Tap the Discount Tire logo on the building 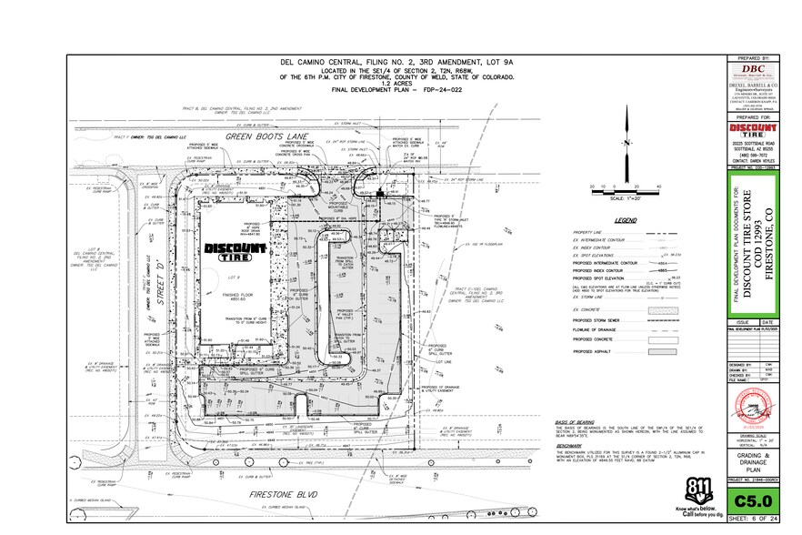(x=234, y=250)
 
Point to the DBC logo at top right (x=753, y=73)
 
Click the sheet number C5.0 (x=753, y=500)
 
